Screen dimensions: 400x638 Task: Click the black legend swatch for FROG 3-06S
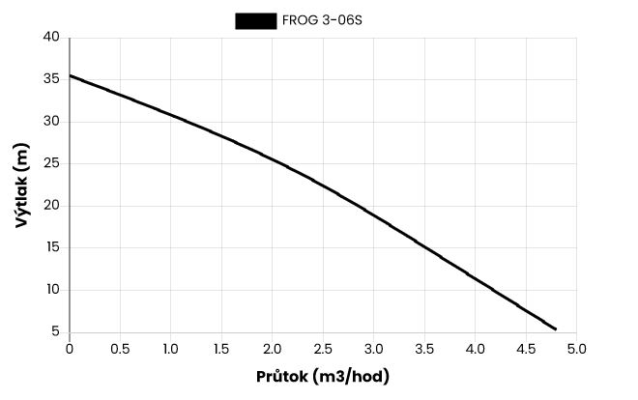[x=255, y=20]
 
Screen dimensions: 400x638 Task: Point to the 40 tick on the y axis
[x=52, y=38]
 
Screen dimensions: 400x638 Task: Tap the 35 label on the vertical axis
[x=52, y=80]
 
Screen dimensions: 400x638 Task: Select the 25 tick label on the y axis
[x=52, y=163]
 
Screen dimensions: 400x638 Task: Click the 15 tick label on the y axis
[x=52, y=247]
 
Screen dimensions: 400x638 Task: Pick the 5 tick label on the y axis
[x=56, y=331]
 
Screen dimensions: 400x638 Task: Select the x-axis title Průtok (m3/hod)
[x=324, y=377]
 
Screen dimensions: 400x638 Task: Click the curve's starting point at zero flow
[x=70, y=75]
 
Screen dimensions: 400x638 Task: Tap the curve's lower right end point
[x=556, y=329]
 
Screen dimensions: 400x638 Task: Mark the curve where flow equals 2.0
[x=273, y=159]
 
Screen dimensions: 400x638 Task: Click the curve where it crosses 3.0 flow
[x=374, y=214]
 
